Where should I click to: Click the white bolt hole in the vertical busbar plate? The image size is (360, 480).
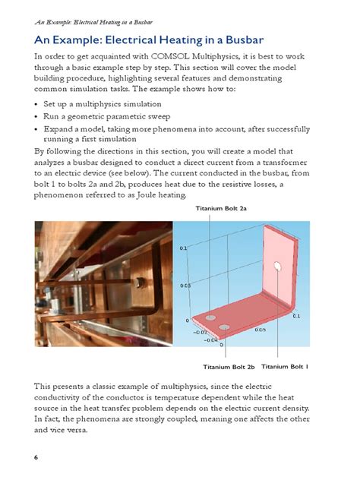[278, 267]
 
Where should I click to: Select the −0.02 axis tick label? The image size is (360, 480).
[199, 332]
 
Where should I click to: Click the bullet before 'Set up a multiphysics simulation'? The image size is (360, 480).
[38, 103]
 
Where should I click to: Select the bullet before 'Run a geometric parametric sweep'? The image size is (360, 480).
[38, 115]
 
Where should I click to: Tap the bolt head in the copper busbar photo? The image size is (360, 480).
[140, 283]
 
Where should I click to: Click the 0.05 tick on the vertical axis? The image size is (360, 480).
[185, 286]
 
